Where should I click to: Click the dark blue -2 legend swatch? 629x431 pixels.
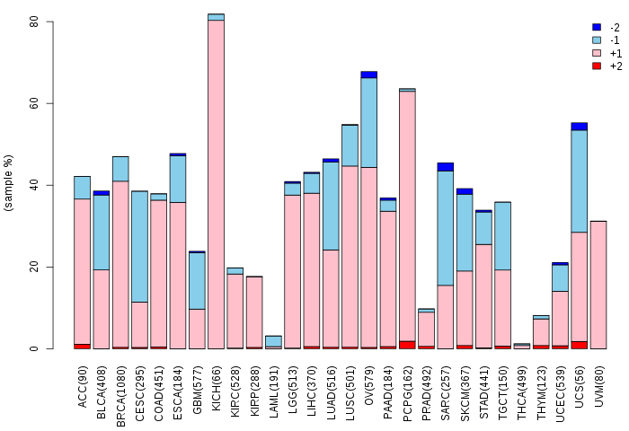coord(597,27)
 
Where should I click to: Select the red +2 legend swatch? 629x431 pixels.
coord(597,66)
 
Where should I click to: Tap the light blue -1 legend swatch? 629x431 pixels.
coord(597,40)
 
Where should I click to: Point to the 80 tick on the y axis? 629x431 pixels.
coord(49,22)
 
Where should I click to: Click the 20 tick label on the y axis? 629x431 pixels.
coord(34,267)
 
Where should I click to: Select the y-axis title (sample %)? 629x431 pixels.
coord(8,183)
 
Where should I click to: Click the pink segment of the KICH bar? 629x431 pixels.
coord(216,184)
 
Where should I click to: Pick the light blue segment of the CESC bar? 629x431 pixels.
coord(139,247)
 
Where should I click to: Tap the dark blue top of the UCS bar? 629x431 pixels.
coord(580,127)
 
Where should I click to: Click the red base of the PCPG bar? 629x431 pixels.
coord(407,345)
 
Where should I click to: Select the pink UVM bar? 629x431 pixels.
coord(598,285)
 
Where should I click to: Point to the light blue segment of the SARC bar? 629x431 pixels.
coord(446,228)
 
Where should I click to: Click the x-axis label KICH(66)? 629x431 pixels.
coord(217,388)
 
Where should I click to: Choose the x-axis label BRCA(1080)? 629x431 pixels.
coord(120,396)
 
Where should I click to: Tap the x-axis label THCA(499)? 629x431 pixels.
coord(522,392)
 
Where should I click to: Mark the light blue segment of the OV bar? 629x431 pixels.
coord(368,123)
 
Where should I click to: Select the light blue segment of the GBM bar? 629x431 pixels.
coord(197,281)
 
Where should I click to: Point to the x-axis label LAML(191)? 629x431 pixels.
coord(273,391)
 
